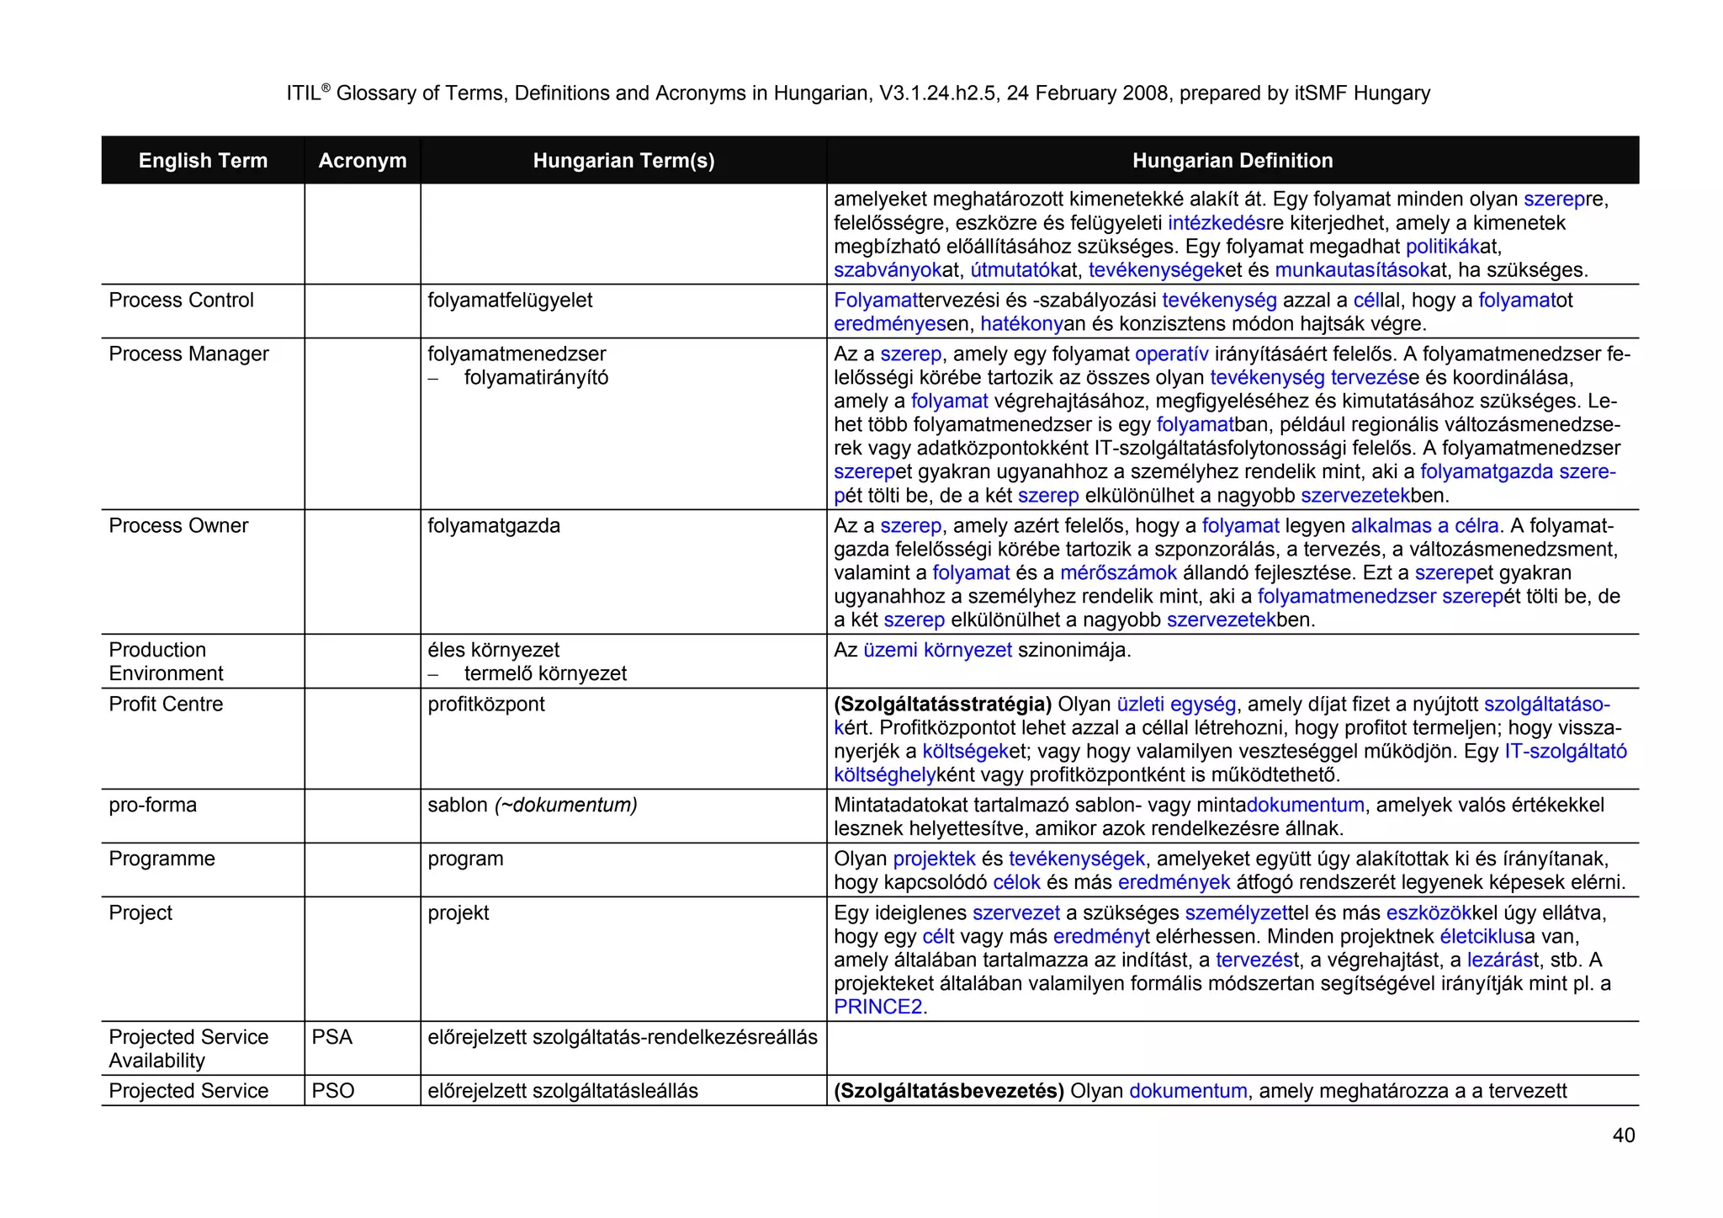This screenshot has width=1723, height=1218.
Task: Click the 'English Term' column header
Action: click(203, 161)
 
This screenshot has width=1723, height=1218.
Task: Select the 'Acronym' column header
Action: click(362, 161)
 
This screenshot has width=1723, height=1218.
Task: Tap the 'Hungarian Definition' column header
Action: click(1232, 161)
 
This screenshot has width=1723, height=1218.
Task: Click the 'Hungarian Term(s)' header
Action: click(623, 161)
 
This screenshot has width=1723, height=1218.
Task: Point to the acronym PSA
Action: click(331, 1037)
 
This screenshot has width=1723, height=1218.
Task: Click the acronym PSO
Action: click(332, 1091)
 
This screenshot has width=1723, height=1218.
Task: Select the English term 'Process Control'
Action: click(181, 301)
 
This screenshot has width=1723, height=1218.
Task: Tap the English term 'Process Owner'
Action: click(178, 526)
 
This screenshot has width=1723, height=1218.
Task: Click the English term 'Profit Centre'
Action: click(166, 705)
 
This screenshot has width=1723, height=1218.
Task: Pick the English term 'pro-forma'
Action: click(152, 806)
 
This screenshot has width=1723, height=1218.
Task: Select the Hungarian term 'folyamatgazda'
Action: click(493, 526)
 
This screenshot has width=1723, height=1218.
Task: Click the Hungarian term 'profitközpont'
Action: click(485, 705)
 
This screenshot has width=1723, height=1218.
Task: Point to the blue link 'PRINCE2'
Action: click(877, 1007)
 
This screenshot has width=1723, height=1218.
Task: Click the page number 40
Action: click(1623, 1136)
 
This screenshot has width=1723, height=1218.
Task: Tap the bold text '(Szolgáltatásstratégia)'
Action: click(942, 705)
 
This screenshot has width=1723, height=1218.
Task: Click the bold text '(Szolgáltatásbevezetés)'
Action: click(948, 1091)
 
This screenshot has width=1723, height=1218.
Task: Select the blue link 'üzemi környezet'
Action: click(936, 651)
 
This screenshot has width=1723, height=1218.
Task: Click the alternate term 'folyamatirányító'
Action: click(536, 378)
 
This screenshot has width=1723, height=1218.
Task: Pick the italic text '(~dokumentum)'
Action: click(565, 806)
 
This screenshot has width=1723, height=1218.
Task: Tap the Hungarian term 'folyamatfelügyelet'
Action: click(509, 301)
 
